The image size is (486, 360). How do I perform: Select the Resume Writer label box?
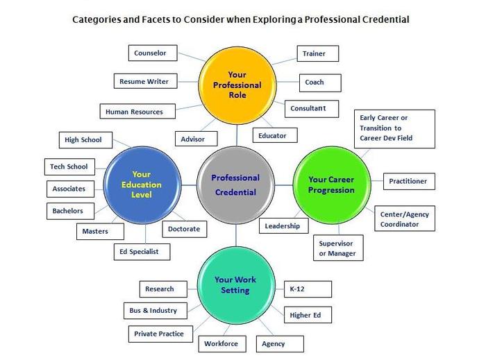click(x=144, y=81)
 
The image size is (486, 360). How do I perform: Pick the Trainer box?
click(x=314, y=53)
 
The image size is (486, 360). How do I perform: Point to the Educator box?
click(x=272, y=135)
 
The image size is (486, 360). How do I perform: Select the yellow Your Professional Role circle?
click(x=236, y=85)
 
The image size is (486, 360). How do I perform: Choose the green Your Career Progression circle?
click(x=331, y=185)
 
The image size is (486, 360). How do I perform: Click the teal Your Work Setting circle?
click(x=235, y=284)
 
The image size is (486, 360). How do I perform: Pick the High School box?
click(x=83, y=139)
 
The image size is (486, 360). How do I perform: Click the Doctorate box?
click(x=184, y=228)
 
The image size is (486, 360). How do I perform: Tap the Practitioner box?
click(x=408, y=182)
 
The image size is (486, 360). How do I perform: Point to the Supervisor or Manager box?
click(x=337, y=248)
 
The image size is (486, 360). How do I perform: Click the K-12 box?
click(x=308, y=289)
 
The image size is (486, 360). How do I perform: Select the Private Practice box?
click(x=159, y=334)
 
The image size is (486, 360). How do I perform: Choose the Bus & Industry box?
click(x=153, y=310)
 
